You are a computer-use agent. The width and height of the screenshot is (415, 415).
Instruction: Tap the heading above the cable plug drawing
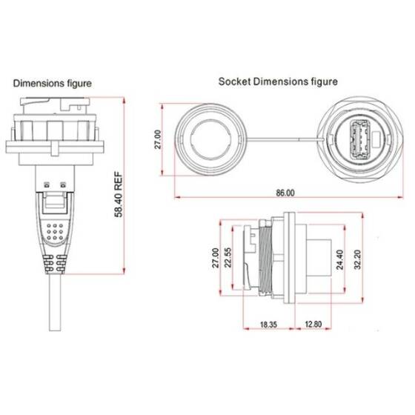[x=52, y=84]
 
